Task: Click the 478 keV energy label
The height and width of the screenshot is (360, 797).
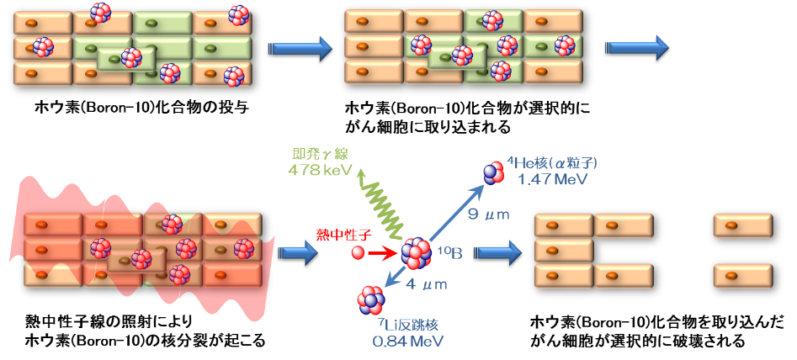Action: click(320, 169)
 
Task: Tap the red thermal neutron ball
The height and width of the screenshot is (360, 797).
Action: click(359, 251)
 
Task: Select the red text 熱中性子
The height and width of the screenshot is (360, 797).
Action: click(337, 234)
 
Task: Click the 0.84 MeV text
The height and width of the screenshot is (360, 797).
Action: click(405, 341)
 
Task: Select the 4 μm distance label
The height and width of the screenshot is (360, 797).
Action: click(427, 284)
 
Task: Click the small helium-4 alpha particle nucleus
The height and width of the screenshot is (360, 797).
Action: click(492, 172)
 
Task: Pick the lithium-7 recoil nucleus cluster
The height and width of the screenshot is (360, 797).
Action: click(370, 298)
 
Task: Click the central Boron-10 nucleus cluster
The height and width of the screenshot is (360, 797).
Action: click(417, 252)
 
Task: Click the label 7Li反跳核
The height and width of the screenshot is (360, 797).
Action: click(405, 324)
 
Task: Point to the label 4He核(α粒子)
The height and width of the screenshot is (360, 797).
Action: click(552, 163)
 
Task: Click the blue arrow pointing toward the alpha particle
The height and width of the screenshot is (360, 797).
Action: click(455, 214)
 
